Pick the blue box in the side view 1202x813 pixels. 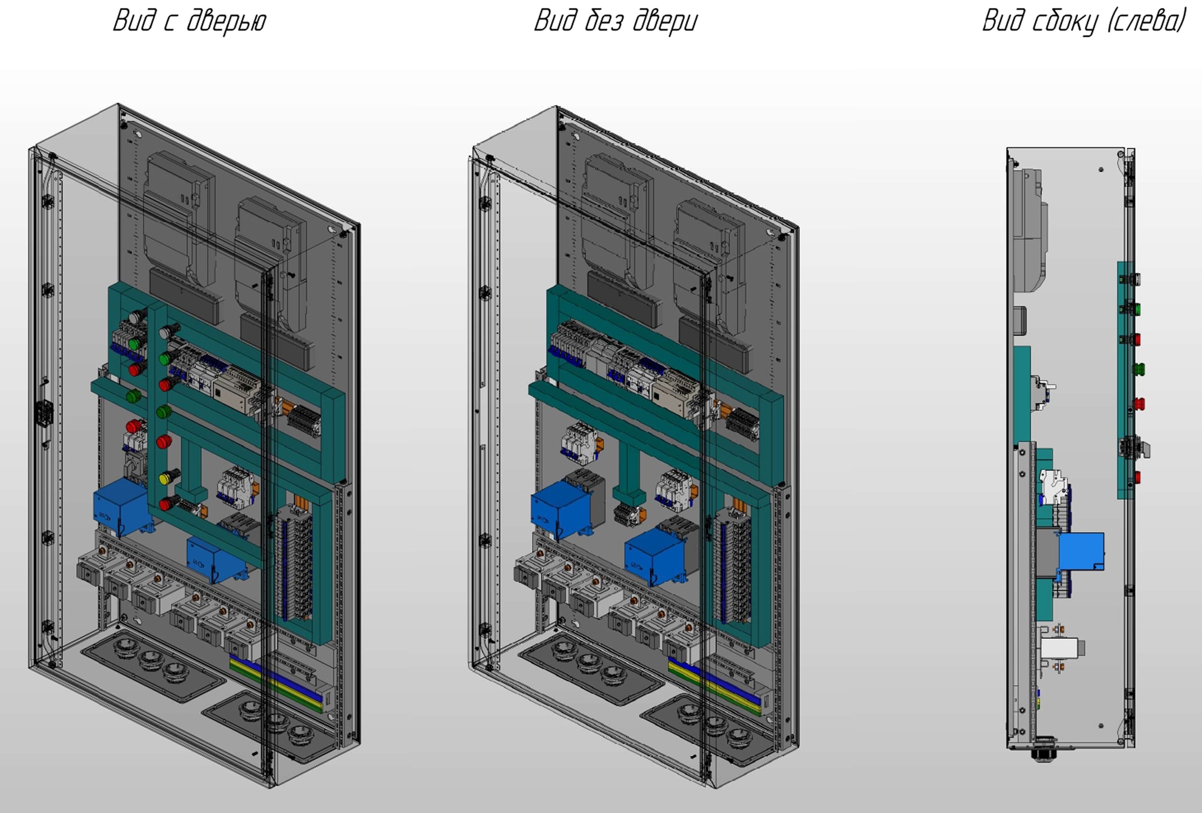click(x=1081, y=551)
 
